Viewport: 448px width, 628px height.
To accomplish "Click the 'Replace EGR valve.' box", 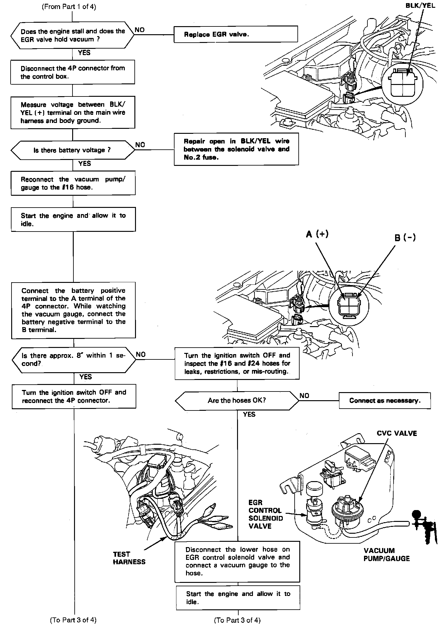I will [x=236, y=34].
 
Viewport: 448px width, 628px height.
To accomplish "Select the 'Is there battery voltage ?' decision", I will [x=73, y=150].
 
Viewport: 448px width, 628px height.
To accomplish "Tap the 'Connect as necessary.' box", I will [x=385, y=401].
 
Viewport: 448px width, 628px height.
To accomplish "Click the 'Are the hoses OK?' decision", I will [x=237, y=401].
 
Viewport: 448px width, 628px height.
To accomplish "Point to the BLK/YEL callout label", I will [x=420, y=6].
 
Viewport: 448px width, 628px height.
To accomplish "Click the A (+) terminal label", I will [x=317, y=234].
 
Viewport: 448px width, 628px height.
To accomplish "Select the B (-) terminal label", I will [x=405, y=238].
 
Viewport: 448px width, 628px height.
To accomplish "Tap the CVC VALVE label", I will [x=396, y=434].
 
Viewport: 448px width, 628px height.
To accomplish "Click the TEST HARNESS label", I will [x=129, y=558].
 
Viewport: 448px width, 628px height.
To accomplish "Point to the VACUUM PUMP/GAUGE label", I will [x=386, y=555].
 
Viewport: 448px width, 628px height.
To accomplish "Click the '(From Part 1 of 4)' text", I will [x=69, y=7].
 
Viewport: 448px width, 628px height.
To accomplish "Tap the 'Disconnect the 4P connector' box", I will [x=72, y=72].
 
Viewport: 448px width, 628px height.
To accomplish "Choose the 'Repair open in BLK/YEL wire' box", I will [x=236, y=149].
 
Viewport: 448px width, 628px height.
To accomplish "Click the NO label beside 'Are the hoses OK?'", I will [x=304, y=396].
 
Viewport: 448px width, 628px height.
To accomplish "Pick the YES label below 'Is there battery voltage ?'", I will [x=84, y=163].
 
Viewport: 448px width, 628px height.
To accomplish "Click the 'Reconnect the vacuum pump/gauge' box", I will [x=73, y=183].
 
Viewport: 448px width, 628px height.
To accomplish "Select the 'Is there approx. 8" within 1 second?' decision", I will [x=73, y=360].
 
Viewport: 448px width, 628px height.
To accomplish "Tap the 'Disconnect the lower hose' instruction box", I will [x=237, y=561].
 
